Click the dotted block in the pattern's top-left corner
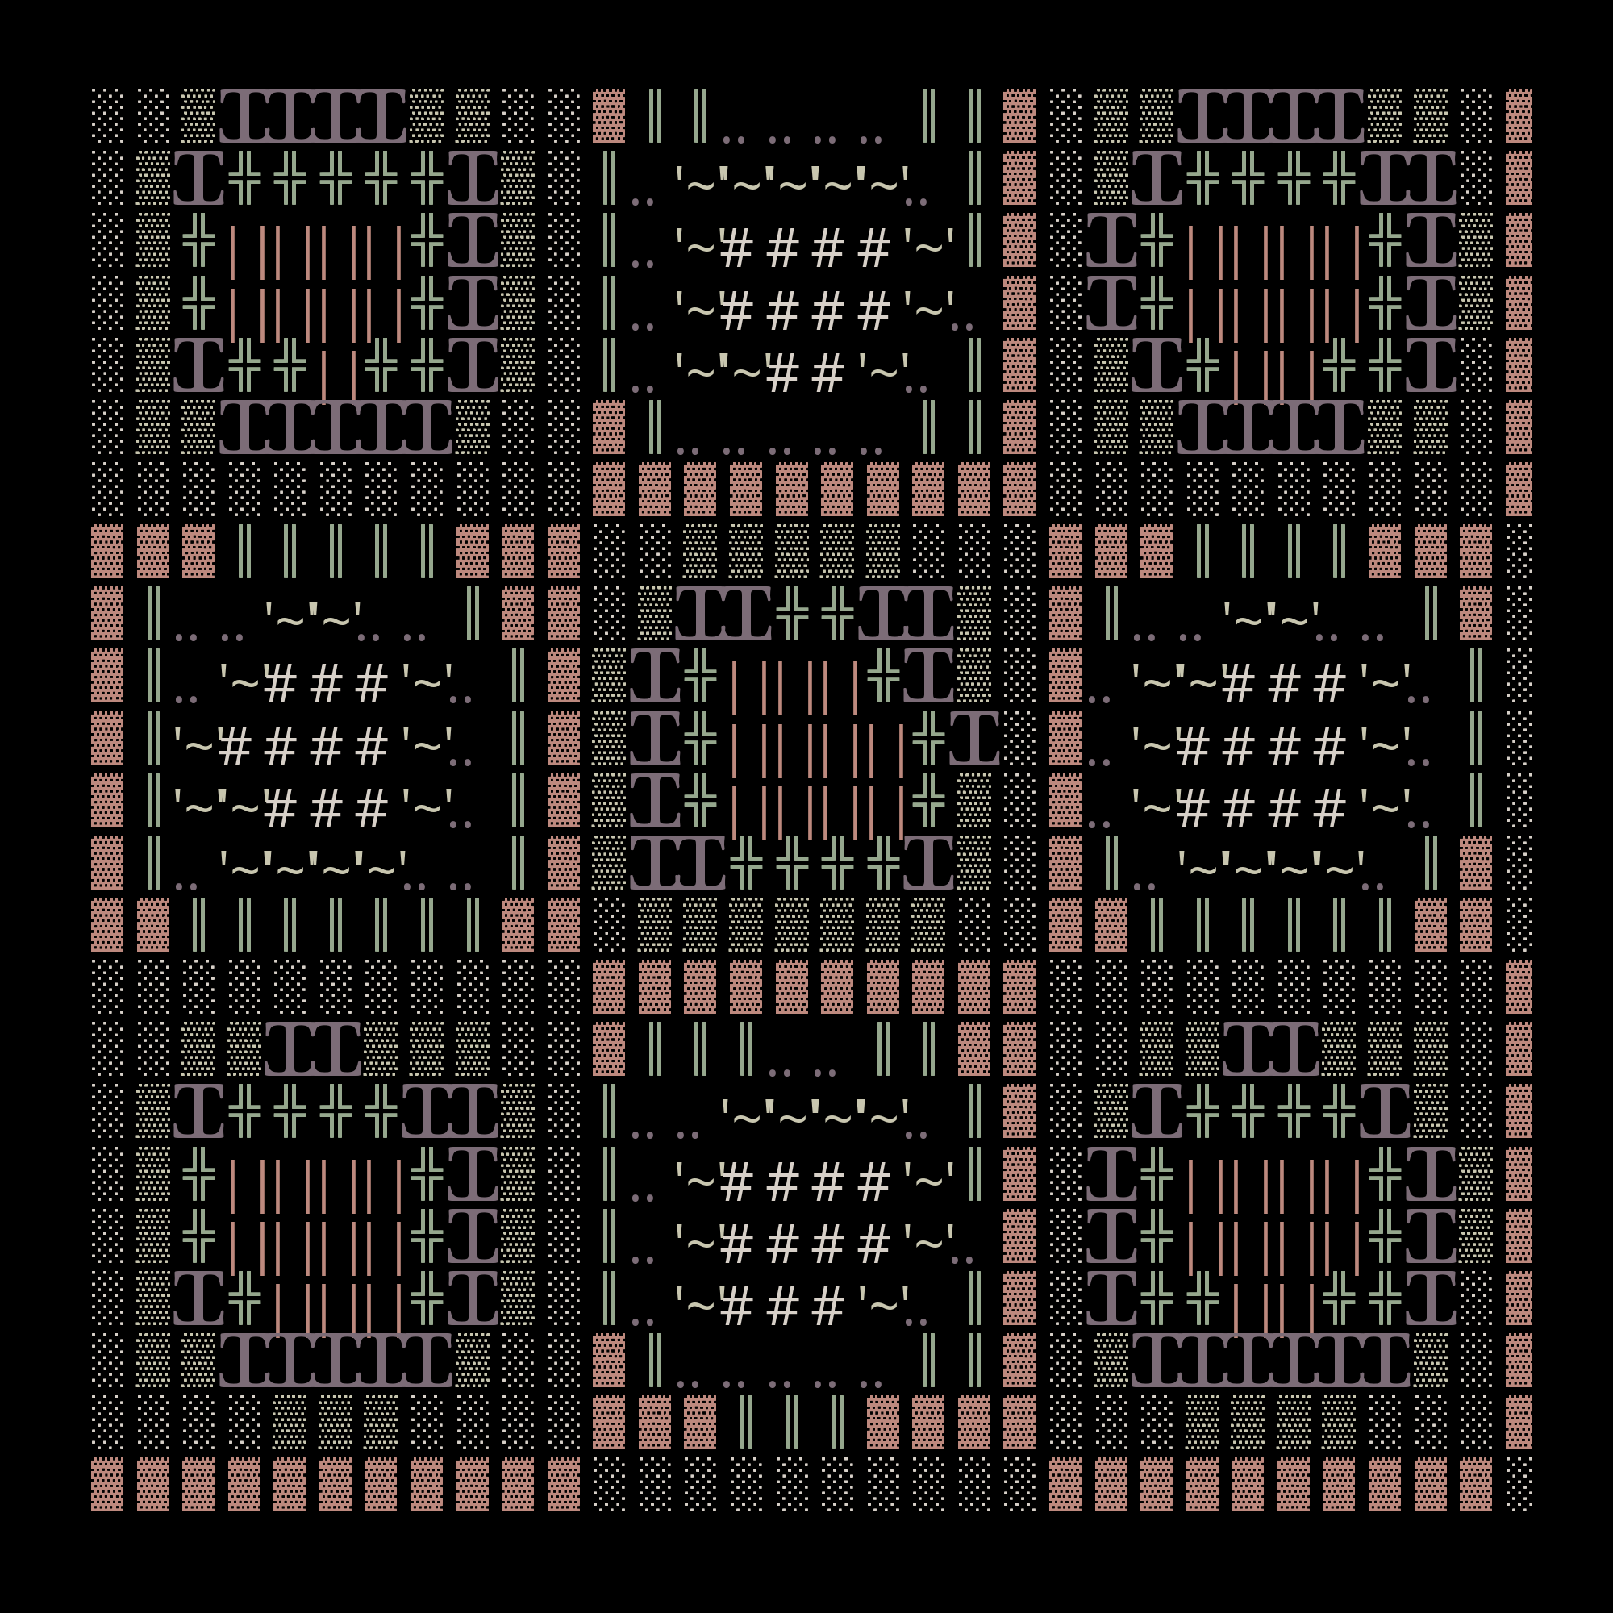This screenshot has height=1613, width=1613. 107,115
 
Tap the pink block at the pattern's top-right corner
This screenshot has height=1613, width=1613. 1519,115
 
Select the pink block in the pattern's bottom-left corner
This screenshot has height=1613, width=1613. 107,1485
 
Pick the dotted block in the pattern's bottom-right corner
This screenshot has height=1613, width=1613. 1519,1485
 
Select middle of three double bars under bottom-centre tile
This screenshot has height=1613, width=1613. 790,1422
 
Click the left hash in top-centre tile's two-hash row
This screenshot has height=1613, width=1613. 782,373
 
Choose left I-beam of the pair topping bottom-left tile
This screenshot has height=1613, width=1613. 289,1048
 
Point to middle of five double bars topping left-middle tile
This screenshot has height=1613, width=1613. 335,551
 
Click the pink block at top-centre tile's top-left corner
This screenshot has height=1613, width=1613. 609,115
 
